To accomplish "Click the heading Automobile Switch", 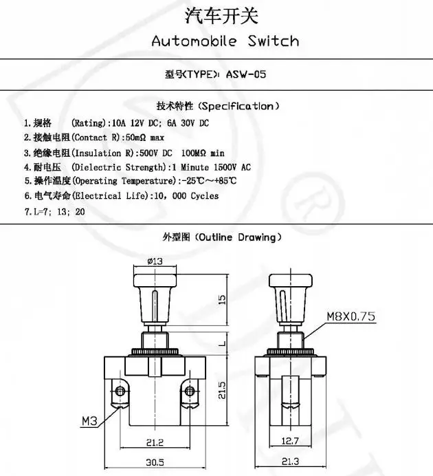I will (225, 41).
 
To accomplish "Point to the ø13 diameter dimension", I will (155, 261).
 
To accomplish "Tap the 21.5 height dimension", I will (221, 391).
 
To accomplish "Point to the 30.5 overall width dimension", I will (155, 462).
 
